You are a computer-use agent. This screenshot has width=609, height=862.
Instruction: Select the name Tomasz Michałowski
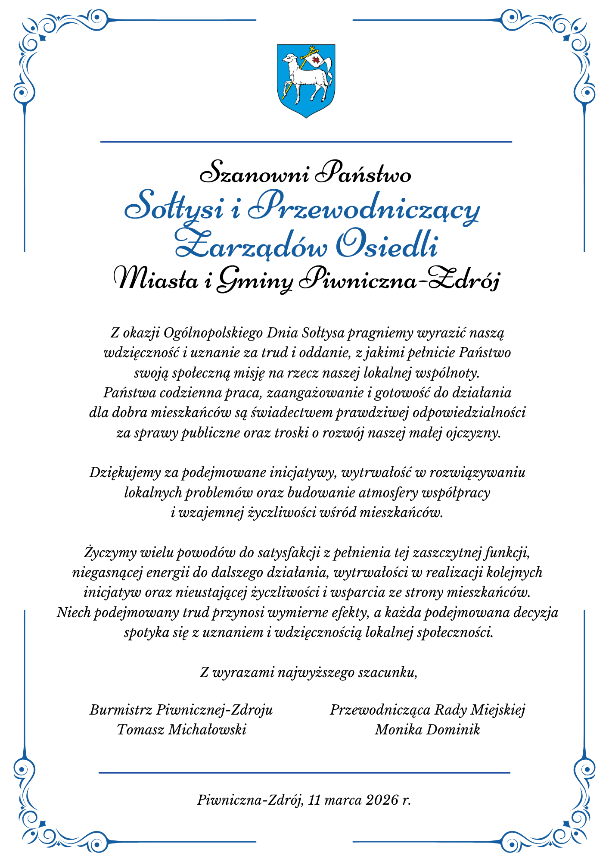pyautogui.click(x=181, y=730)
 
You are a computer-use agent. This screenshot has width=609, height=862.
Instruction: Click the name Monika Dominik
pyautogui.click(x=427, y=730)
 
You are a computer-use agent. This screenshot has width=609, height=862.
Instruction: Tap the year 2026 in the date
pyautogui.click(x=381, y=800)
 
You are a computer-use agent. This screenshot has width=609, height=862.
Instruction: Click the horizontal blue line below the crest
pyautogui.click(x=306, y=141)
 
